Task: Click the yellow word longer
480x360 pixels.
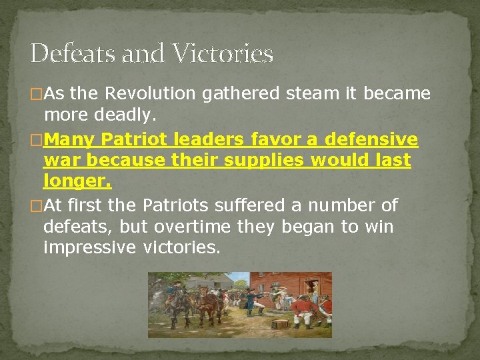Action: (x=77, y=181)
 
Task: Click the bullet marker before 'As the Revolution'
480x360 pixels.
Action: (x=37, y=95)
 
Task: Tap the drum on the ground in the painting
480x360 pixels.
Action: (x=279, y=324)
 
